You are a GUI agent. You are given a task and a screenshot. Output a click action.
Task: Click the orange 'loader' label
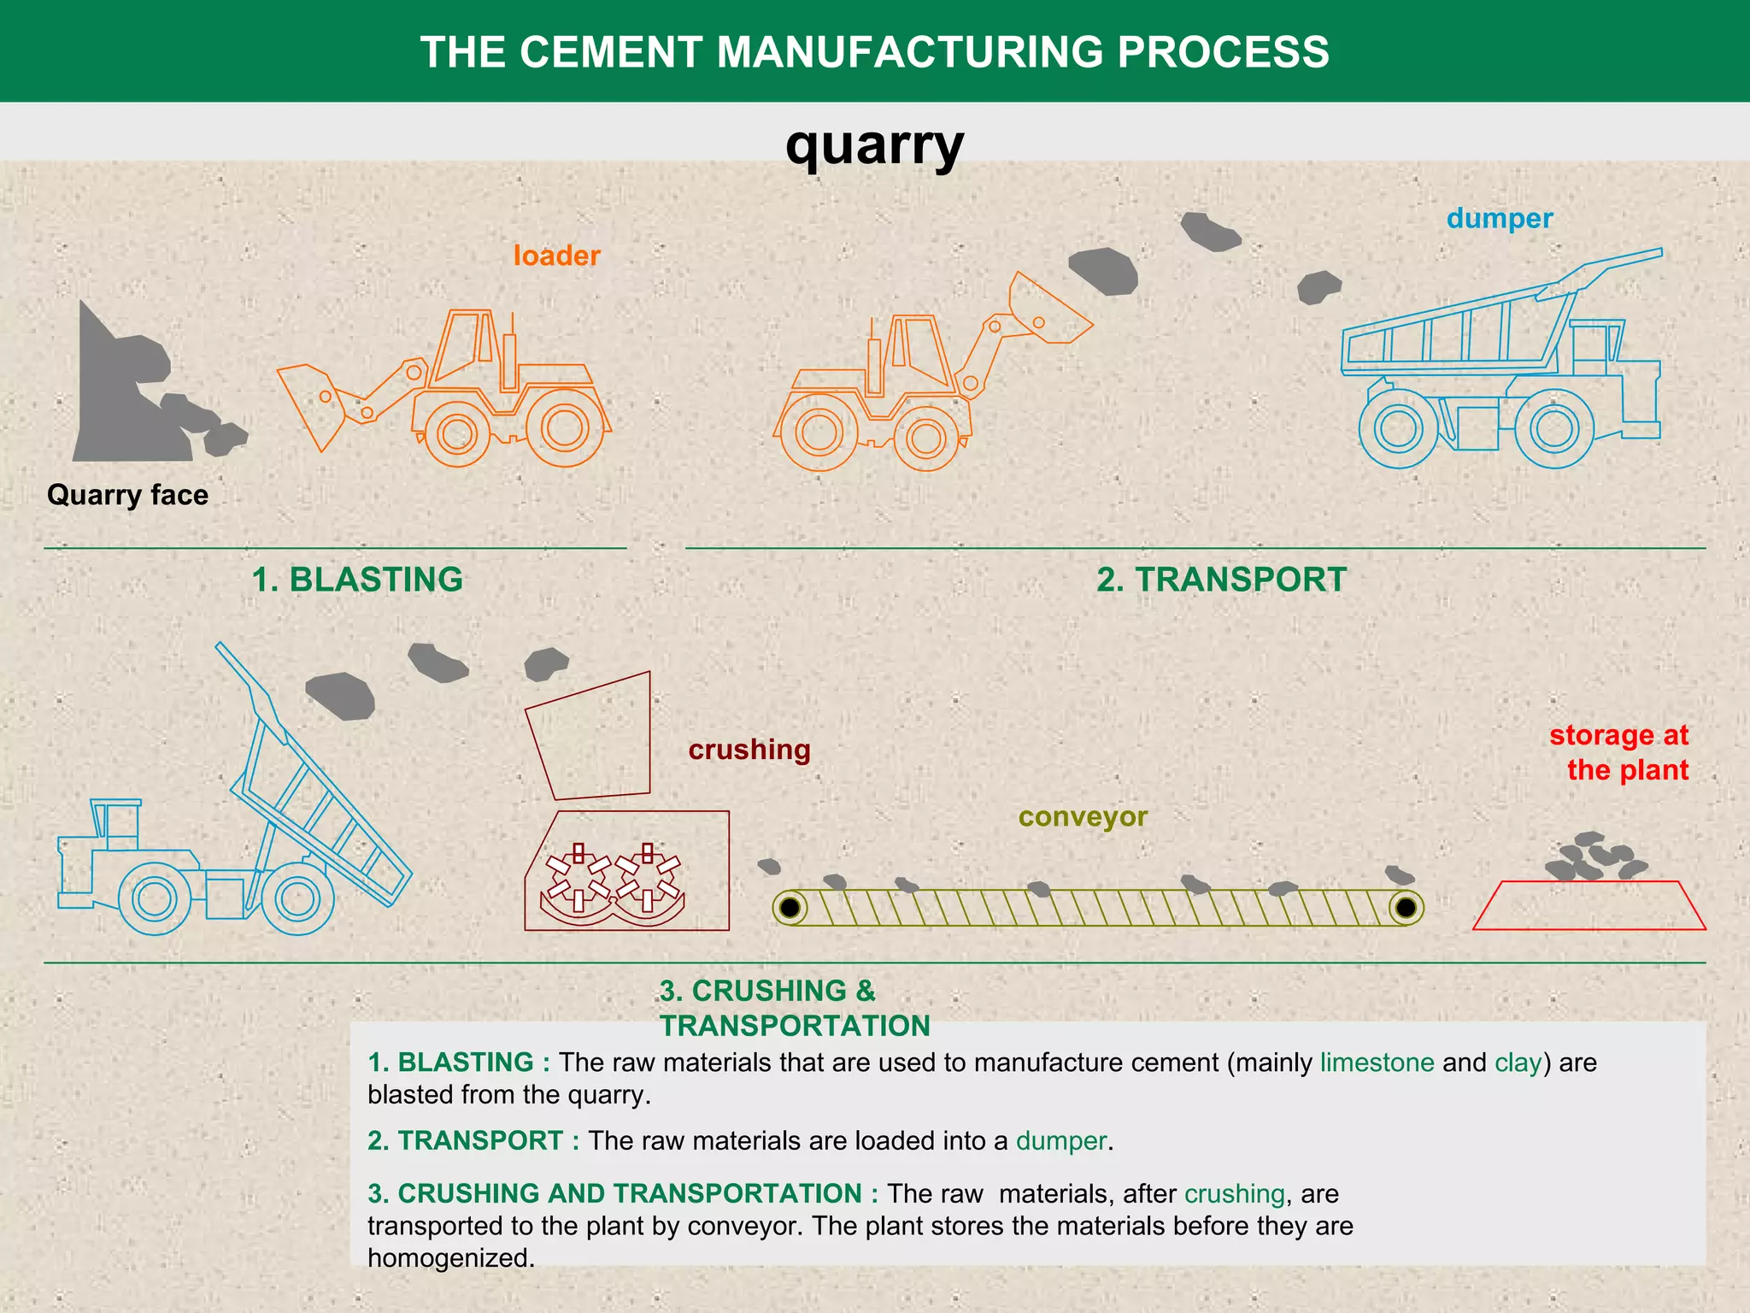pyautogui.click(x=556, y=256)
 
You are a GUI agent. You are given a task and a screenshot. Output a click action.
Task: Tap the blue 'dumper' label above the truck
pyautogui.click(x=1499, y=219)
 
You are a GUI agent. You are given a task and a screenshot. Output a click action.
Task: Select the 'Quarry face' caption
pyautogui.click(x=127, y=495)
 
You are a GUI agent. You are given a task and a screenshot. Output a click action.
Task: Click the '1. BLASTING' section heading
pyautogui.click(x=357, y=580)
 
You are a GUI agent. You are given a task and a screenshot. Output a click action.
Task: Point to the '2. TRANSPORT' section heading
pyautogui.click(x=1221, y=580)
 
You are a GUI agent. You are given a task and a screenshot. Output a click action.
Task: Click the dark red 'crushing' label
pyautogui.click(x=749, y=750)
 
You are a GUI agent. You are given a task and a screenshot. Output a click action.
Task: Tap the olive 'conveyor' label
pyautogui.click(x=1083, y=816)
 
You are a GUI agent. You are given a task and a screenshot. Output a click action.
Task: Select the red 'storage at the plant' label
pyautogui.click(x=1618, y=752)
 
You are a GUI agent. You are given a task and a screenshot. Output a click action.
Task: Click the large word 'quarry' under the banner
pyautogui.click(x=874, y=145)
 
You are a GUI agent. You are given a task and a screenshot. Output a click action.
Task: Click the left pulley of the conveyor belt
pyautogui.click(x=790, y=907)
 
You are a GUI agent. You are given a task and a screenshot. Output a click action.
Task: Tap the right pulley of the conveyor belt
pyautogui.click(x=1406, y=907)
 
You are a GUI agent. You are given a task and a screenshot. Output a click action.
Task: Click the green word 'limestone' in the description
pyautogui.click(x=1377, y=1063)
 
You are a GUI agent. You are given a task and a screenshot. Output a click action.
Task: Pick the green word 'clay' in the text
pyautogui.click(x=1518, y=1063)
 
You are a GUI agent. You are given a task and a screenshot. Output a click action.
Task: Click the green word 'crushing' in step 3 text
pyautogui.click(x=1234, y=1193)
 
